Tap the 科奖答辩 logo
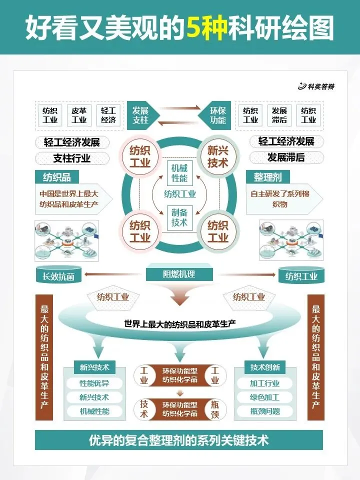coord(316,86)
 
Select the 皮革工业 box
coord(79,115)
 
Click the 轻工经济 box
coord(108,115)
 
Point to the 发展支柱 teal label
coord(141,115)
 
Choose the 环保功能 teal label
coord(217,115)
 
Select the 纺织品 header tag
coord(57,177)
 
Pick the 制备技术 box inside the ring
coord(179,217)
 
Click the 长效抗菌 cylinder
coord(58,275)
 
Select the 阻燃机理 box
coord(179,274)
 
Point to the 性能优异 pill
coord(94,384)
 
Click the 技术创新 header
coord(265,367)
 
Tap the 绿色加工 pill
coord(265,398)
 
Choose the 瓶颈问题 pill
coord(265,412)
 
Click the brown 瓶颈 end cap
coord(215,409)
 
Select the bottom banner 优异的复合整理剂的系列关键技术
coord(179,440)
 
